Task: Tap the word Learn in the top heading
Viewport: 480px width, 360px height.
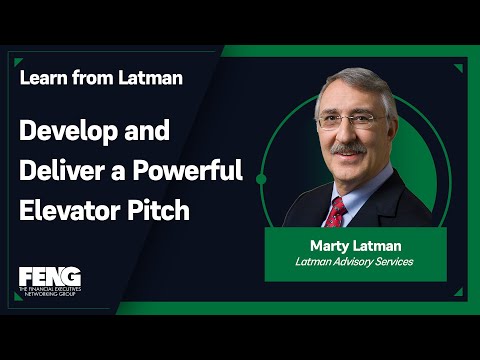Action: tap(44, 78)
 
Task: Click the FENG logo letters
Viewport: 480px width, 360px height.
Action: tap(48, 276)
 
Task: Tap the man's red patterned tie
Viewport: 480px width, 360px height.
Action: tap(336, 212)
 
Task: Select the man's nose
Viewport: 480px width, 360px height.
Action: tap(349, 133)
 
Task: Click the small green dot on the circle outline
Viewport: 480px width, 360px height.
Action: tap(261, 179)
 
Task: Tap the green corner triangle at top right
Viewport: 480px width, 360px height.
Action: tap(455, 68)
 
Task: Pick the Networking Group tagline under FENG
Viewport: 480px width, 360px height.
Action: tap(49, 294)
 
